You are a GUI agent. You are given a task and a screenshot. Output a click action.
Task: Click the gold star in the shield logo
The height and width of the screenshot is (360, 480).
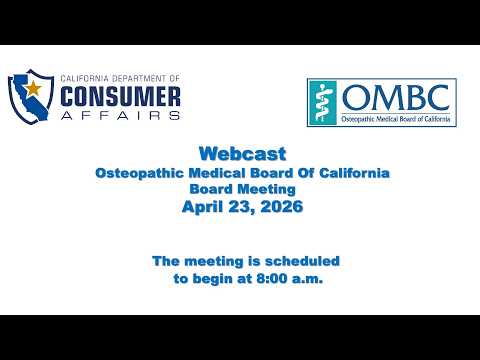coord(33,89)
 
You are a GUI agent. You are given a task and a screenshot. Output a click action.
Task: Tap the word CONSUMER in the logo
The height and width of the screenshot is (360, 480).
coord(120,97)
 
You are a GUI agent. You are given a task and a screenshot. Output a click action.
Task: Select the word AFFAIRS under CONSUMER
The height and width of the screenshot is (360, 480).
coord(120,115)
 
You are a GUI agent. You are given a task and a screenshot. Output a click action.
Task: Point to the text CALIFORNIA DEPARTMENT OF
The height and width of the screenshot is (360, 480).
coord(120,79)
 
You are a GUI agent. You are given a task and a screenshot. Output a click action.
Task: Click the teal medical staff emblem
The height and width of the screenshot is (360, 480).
coord(322,102)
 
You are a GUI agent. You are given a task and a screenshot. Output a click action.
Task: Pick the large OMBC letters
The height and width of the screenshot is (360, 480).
coord(396,97)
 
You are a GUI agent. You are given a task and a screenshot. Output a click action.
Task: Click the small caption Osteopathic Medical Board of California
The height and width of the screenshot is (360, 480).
coord(396,119)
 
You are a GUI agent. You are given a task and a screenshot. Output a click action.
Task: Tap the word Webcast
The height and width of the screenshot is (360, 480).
coord(242,154)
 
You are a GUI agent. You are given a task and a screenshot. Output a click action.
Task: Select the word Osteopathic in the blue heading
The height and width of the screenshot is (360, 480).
coord(139,173)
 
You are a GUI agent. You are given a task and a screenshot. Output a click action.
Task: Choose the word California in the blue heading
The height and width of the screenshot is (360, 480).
coord(354,173)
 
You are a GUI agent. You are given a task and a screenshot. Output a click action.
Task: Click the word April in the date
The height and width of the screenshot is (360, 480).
coord(202,207)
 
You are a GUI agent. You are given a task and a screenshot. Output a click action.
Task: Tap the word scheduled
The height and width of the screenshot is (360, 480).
coord(302,261)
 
